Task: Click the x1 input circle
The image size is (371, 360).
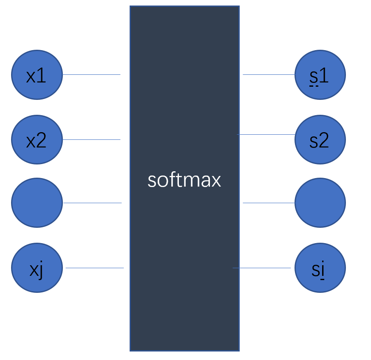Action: [x=37, y=75]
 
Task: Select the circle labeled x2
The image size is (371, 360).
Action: [x=37, y=140]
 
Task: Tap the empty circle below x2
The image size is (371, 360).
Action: [x=37, y=203]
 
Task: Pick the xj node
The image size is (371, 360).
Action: [x=37, y=268]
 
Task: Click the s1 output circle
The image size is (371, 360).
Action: [x=320, y=75]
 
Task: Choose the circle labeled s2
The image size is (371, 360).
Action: [x=320, y=140]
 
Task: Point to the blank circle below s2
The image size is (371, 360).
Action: [x=320, y=203]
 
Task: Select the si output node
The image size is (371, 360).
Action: [x=320, y=268]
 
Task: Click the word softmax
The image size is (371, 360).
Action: [x=184, y=180]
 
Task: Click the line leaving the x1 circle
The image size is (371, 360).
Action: [x=91, y=75]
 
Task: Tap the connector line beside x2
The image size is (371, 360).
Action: [x=91, y=139]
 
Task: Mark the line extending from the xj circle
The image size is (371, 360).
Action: [x=94, y=268]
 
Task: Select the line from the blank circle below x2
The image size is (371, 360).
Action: [x=92, y=203]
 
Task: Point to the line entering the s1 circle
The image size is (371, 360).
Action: [x=269, y=75]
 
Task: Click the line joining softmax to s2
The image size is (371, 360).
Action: [x=266, y=134]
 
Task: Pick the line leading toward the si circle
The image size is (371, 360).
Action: [x=261, y=268]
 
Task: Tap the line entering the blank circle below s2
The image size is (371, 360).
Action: [x=269, y=203]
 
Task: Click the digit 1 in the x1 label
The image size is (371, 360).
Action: [x=42, y=76]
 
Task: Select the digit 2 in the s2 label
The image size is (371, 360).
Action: [x=324, y=141]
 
